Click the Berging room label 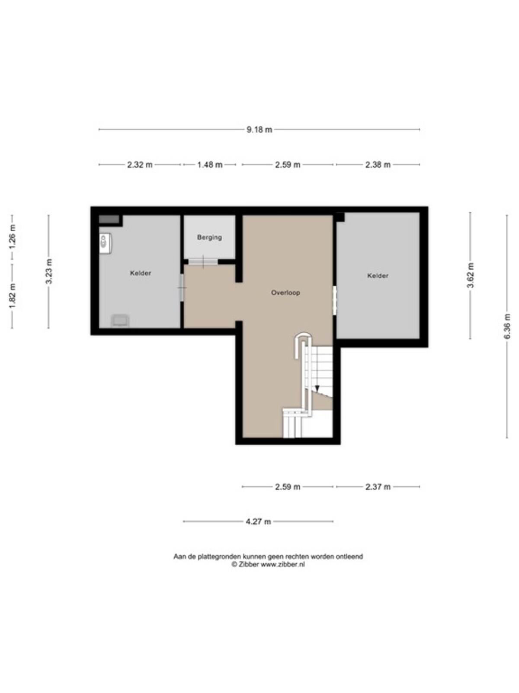tap(209, 237)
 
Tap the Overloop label tap(285, 293)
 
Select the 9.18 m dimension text tap(259, 130)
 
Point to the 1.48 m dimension tap(210, 165)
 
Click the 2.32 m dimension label tap(140, 165)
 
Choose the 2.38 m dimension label tap(378, 165)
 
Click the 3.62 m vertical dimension tap(471, 275)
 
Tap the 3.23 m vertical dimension tap(49, 271)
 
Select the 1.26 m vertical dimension tap(12, 236)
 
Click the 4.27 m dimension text tap(258, 521)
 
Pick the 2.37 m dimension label tap(378, 487)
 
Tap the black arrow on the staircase tap(317, 389)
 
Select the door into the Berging tap(203, 262)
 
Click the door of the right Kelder tap(335, 300)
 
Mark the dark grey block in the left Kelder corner tap(109, 219)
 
